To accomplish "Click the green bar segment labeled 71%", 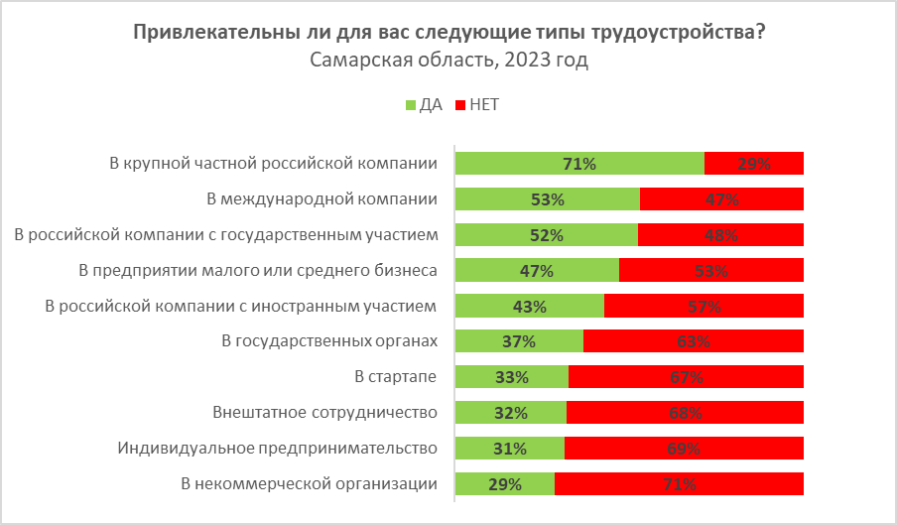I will [579, 164].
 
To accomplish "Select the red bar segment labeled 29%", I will [753, 164].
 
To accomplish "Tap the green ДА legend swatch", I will [411, 104].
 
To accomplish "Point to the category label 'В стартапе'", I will [396, 377].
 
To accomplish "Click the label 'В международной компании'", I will [322, 198].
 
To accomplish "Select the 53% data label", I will [547, 199].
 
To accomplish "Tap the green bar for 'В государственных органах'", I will [519, 341].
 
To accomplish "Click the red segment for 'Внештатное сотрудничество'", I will [685, 413].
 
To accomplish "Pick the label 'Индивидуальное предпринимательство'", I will [278, 448].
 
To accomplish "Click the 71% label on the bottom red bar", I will [680, 484].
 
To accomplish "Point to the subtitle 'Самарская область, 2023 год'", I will [448, 62].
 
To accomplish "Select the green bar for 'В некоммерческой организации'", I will [505, 484].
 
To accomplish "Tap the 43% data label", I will [530, 307].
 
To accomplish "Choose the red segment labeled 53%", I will [711, 270].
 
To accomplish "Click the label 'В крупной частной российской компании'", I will [273, 163].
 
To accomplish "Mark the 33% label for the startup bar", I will [512, 377].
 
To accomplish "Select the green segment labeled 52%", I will [547, 235].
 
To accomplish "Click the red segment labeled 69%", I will [684, 449].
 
